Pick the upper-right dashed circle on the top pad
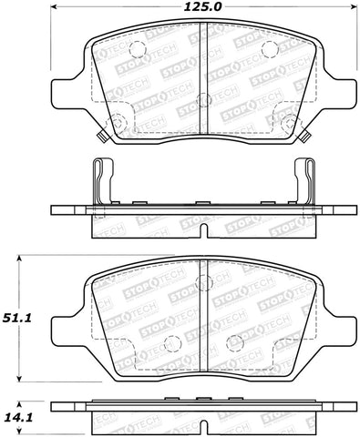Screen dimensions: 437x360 pyautogui.click(x=269, y=49)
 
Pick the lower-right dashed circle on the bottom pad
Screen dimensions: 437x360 pyautogui.click(x=233, y=343)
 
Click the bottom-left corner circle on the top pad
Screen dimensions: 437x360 pyautogui.click(x=118, y=124)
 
